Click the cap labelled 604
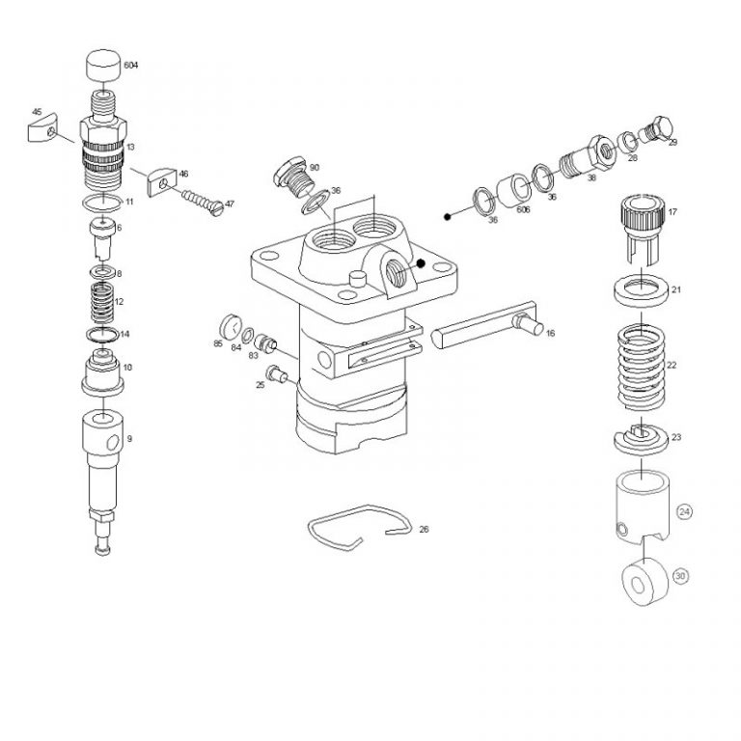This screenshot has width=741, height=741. point(103,66)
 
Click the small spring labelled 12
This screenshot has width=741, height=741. point(101,302)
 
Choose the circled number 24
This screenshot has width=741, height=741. point(685,511)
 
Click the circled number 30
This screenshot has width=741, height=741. point(681,576)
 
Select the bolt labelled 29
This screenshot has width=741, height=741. point(660,129)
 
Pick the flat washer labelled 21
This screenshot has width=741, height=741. point(640,288)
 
